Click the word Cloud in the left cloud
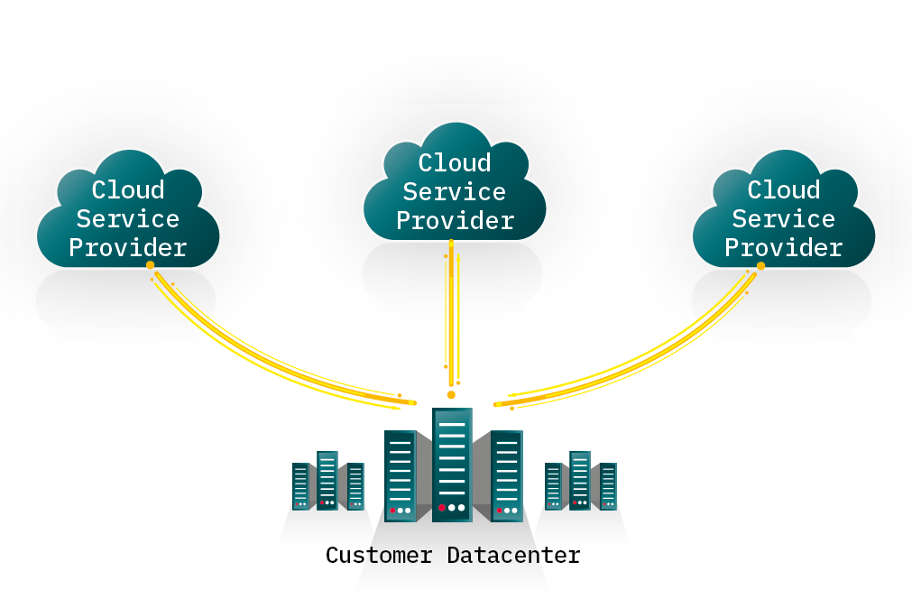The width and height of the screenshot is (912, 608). (128, 190)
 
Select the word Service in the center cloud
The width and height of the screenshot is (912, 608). (454, 192)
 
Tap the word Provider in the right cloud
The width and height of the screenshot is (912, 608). (783, 247)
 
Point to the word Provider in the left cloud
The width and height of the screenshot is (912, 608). (128, 247)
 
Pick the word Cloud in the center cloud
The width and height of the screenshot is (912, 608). (455, 163)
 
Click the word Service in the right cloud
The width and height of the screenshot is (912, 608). (783, 219)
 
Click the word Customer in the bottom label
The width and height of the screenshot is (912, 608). (379, 555)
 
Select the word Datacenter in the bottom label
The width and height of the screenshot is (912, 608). (513, 555)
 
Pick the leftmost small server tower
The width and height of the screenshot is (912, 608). (300, 486)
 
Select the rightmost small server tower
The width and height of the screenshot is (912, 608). (608, 486)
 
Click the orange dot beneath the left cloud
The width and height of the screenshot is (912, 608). (150, 265)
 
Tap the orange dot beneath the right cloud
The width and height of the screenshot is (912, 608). (760, 266)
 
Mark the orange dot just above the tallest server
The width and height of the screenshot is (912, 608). (451, 395)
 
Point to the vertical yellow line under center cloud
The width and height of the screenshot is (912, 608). (451, 316)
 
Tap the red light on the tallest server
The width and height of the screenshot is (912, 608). (441, 508)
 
